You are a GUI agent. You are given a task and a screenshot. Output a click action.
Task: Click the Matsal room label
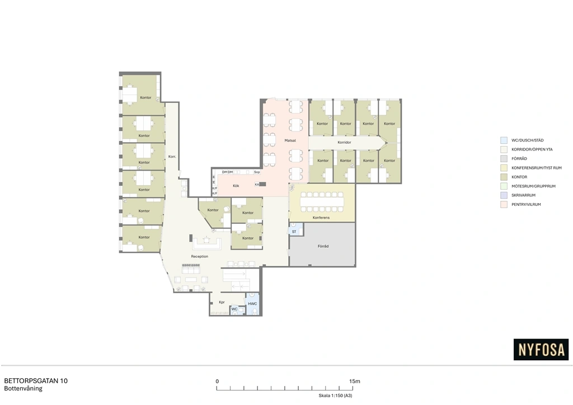click(x=290, y=140)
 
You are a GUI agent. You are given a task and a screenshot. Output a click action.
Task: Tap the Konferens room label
click(x=321, y=218)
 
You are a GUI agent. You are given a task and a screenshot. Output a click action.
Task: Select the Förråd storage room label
click(x=323, y=247)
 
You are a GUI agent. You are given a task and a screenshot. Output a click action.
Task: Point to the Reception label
click(x=200, y=256)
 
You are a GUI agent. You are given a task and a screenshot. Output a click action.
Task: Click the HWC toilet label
click(x=252, y=304)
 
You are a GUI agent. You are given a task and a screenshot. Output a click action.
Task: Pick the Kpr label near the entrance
click(x=222, y=303)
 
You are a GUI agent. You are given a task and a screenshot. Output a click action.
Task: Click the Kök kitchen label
click(x=236, y=186)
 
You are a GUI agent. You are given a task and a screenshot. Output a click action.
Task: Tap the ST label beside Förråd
click(x=294, y=232)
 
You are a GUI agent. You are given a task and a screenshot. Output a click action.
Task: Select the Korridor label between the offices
click(x=344, y=143)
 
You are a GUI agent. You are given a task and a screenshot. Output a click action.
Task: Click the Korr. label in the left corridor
click(x=172, y=157)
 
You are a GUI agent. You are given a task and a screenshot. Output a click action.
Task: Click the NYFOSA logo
click(x=541, y=350)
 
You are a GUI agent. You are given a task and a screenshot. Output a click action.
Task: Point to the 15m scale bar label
click(x=354, y=382)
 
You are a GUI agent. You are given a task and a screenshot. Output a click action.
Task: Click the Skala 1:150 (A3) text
click(x=336, y=395)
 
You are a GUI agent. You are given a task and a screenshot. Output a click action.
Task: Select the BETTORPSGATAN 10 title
click(x=36, y=381)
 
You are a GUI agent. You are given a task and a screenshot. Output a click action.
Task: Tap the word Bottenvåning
click(x=24, y=389)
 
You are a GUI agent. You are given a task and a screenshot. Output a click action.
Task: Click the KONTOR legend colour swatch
click(x=504, y=177)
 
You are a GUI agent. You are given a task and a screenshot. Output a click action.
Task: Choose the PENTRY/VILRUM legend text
click(x=526, y=205)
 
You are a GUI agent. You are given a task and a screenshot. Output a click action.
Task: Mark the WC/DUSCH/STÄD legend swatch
click(x=504, y=140)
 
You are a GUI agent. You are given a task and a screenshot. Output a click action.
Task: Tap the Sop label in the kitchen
click(x=257, y=172)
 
